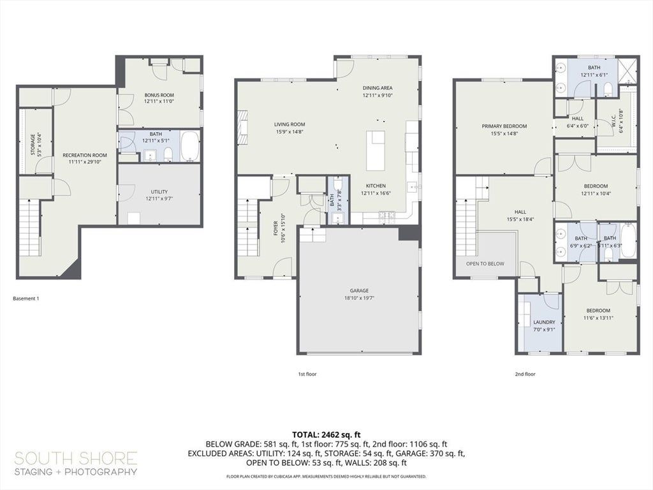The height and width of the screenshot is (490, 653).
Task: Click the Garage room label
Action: click(359, 294)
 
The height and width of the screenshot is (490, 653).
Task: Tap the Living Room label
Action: click(290, 128)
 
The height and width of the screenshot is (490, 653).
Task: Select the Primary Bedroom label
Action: click(504, 130)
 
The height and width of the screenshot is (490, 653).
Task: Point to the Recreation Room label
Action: click(85, 158)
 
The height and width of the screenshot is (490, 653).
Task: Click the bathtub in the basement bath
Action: click(190, 146)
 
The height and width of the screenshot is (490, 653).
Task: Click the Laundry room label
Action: click(544, 325)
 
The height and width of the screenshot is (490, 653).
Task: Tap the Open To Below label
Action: click(485, 264)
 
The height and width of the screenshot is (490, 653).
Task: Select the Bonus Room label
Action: click(159, 98)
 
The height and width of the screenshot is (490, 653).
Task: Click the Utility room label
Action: click(159, 195)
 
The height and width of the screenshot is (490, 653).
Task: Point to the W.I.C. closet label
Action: click(617, 121)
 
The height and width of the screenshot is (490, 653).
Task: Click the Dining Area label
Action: click(378, 91)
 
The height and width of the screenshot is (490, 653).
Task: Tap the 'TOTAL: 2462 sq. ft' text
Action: click(326, 435)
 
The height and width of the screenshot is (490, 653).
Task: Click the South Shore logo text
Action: click(76, 463)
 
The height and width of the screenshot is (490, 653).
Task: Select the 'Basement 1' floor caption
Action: click(26, 299)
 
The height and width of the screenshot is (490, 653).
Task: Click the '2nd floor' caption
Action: click(525, 374)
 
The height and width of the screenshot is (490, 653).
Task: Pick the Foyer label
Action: click(279, 228)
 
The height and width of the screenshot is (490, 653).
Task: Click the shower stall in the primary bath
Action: click(627, 71)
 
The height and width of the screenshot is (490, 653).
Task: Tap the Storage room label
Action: click(36, 144)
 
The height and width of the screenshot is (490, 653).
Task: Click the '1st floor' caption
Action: click(307, 374)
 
